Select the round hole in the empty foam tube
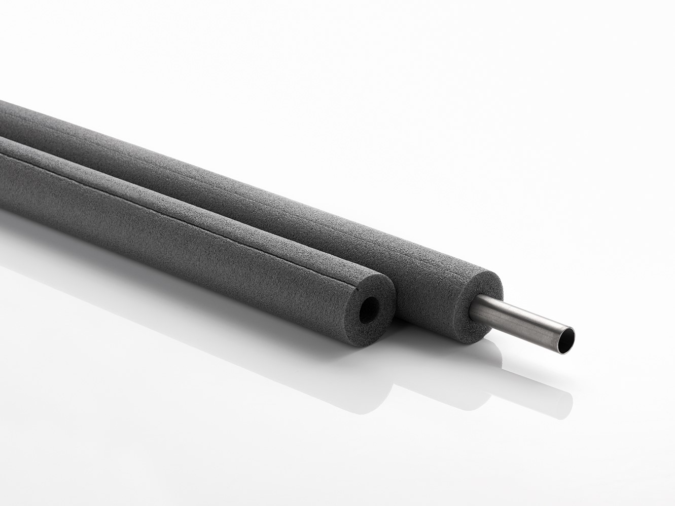tap(368, 308)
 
